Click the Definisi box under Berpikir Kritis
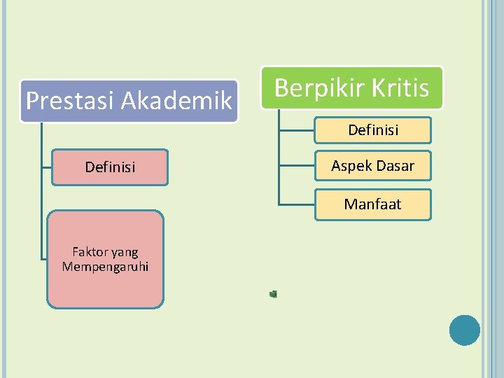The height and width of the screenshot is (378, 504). pyautogui.click(x=372, y=130)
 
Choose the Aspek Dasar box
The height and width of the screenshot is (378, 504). pyautogui.click(x=372, y=166)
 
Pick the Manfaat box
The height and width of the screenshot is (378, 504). pyautogui.click(x=372, y=204)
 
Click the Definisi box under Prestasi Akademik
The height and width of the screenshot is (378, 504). pyautogui.click(x=110, y=167)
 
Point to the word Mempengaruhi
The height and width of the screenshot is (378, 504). pyautogui.click(x=105, y=267)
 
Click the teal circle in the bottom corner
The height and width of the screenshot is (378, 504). pyautogui.click(x=465, y=330)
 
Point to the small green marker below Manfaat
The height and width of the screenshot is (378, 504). pyautogui.click(x=273, y=294)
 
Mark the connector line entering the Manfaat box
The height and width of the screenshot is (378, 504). pyautogui.click(x=297, y=204)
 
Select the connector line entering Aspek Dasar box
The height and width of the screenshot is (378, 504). pyautogui.click(x=297, y=167)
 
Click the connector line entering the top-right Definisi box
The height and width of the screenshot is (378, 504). pyautogui.click(x=297, y=130)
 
